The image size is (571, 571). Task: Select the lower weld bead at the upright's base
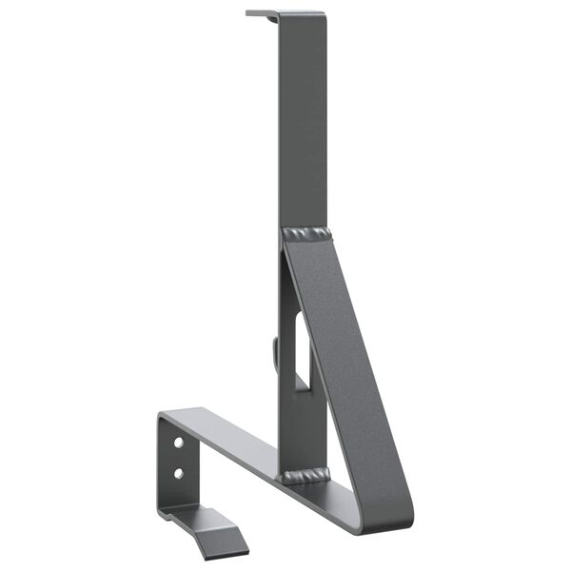click(305, 472)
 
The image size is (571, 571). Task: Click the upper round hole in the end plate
click(178, 443)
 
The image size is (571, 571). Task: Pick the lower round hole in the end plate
click(178, 472)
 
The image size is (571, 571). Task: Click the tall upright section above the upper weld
click(303, 124)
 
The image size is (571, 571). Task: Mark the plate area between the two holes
click(178, 458)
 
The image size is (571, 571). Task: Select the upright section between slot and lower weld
click(303, 428)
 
